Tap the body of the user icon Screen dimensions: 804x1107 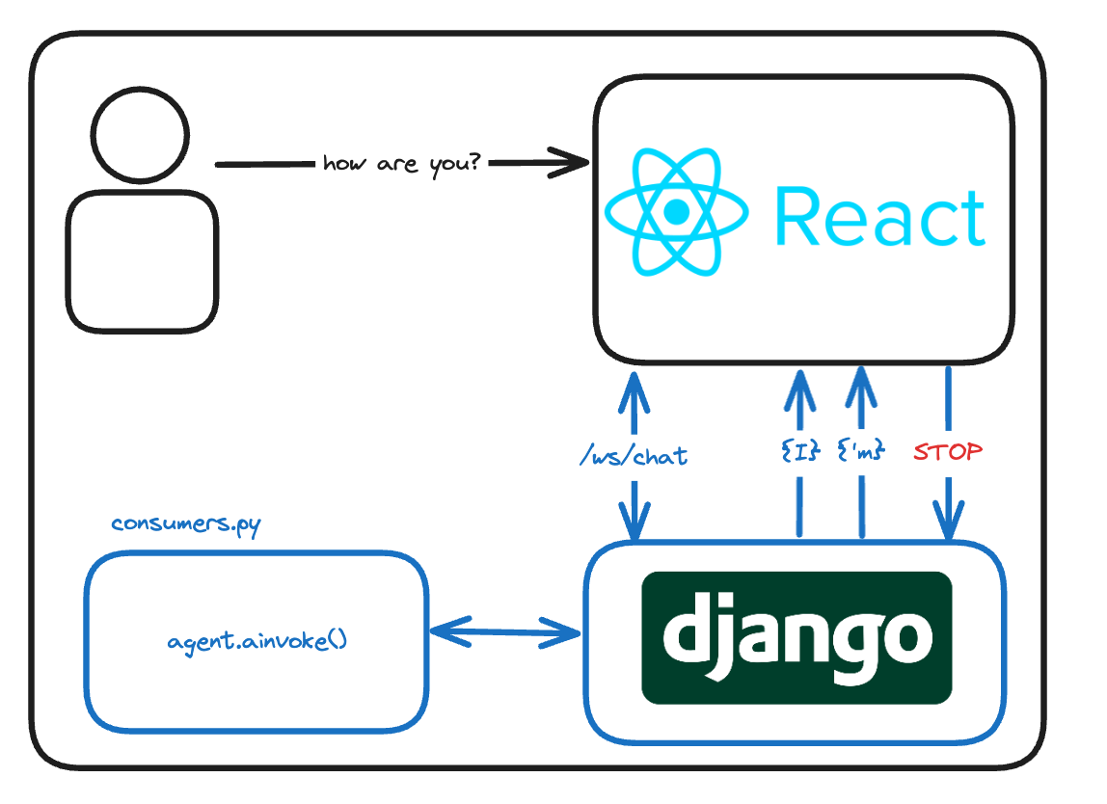click(142, 261)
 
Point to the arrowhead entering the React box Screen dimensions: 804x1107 click(569, 163)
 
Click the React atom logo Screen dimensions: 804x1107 click(676, 211)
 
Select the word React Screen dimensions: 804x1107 click(879, 218)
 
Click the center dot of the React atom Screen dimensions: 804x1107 click(676, 211)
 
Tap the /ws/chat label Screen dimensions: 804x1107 click(634, 455)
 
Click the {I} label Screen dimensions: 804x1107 click(800, 449)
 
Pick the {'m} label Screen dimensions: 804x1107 click(860, 449)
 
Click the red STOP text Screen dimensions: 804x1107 click(948, 451)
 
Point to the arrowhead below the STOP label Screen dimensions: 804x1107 click(949, 524)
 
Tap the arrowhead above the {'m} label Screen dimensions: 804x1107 click(861, 386)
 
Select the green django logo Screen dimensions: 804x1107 click(796, 637)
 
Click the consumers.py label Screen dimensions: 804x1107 click(185, 524)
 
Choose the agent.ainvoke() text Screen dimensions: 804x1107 click(256, 640)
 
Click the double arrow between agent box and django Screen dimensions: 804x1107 click(504, 633)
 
